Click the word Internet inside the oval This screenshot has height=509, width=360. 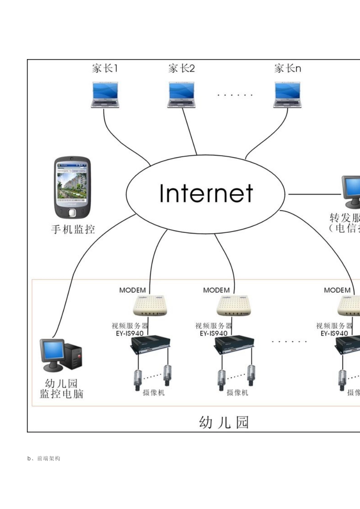pyautogui.click(x=206, y=194)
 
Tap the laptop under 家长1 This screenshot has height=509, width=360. pyautogui.click(x=105, y=95)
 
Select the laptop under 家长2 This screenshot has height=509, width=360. pyautogui.click(x=181, y=95)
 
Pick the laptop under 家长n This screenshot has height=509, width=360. pyautogui.click(x=287, y=95)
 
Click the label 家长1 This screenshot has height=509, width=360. pyautogui.click(x=105, y=69)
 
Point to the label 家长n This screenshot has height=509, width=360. pyautogui.click(x=288, y=69)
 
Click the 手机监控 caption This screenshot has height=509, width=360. pyautogui.click(x=73, y=229)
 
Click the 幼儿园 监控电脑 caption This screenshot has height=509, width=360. pyautogui.click(x=61, y=389)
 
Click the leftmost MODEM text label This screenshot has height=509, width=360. pyautogui.click(x=132, y=290)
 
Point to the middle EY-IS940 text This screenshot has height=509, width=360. pyautogui.click(x=213, y=333)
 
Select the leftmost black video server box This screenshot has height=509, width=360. pyautogui.click(x=150, y=345)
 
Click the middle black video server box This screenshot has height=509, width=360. pyautogui.click(x=234, y=345)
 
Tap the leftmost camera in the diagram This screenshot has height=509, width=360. pyautogui.click(x=138, y=380)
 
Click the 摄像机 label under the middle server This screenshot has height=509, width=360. pyautogui.click(x=237, y=393)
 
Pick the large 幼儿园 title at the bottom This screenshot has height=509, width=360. pyautogui.click(x=224, y=422)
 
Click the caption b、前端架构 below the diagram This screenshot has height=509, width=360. pyautogui.click(x=44, y=458)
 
